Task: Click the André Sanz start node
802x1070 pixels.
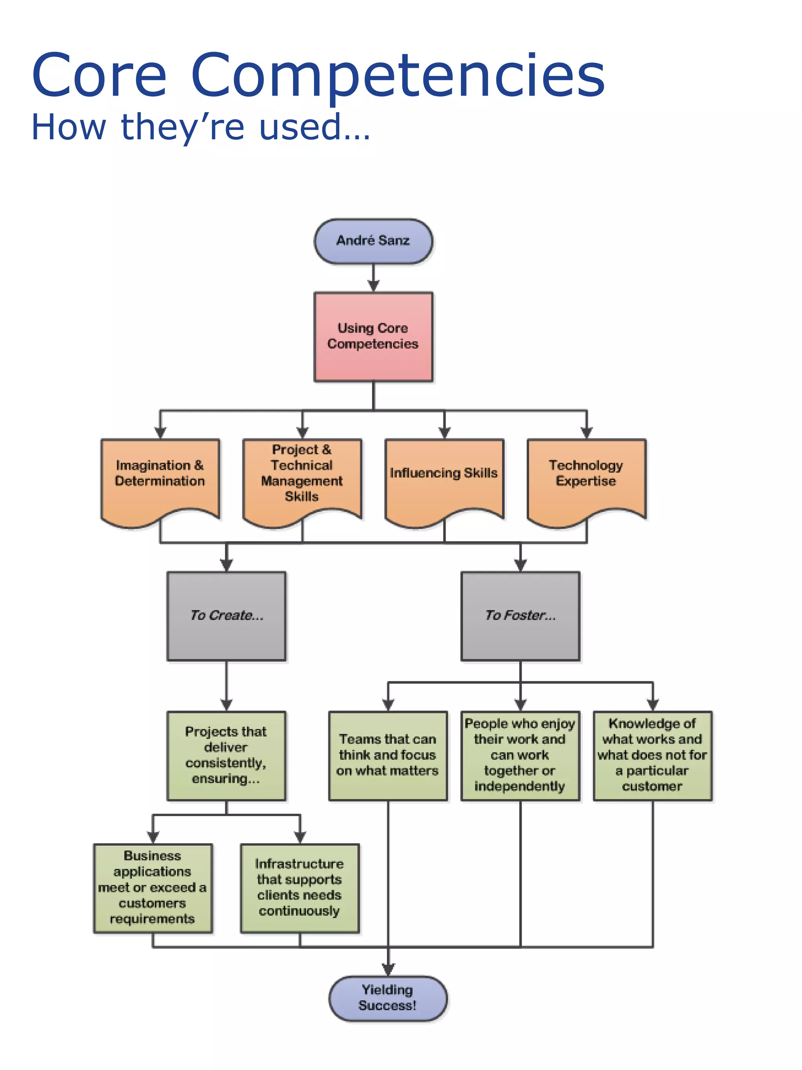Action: point(373,241)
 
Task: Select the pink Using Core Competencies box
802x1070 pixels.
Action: point(373,336)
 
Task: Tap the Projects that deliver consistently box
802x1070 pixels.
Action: point(226,755)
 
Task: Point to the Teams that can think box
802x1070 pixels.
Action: point(388,755)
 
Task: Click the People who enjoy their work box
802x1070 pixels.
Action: point(520,755)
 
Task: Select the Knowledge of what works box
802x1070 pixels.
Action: point(652,755)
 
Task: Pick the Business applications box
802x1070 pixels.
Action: point(153,888)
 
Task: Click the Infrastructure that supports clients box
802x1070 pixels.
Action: point(300,888)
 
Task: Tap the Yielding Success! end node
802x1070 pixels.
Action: point(388,998)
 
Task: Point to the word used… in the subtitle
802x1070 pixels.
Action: point(314,127)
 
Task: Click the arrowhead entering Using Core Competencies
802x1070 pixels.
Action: point(373,286)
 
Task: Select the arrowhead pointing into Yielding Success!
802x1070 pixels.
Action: point(388,969)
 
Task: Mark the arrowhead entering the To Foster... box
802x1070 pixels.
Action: point(520,565)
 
